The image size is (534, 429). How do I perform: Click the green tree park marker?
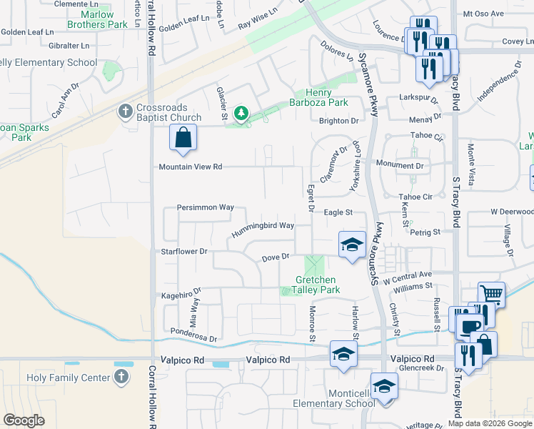point(241,113)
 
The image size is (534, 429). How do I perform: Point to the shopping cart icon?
point(491,294)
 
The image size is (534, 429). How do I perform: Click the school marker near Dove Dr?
point(351,245)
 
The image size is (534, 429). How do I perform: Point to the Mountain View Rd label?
point(191,167)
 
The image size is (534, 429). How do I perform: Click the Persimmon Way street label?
point(206,207)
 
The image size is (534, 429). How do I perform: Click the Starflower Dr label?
point(183,252)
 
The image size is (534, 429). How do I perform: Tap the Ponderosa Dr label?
point(193,334)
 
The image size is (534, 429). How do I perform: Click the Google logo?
point(24,420)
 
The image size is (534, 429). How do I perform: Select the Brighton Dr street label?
point(338,121)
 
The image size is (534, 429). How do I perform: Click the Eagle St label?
point(338,212)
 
